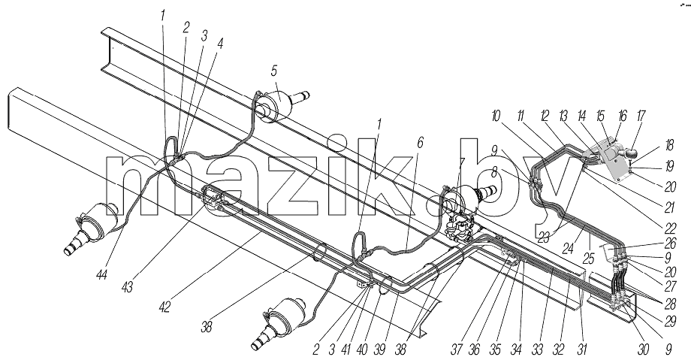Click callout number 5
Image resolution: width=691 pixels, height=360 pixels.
tap(274, 71)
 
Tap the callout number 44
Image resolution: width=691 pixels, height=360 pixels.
tap(103, 275)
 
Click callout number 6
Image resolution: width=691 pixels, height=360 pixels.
tap(420, 142)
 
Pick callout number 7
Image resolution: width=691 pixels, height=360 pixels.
tap(461, 163)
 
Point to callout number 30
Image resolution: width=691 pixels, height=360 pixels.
tap(643, 349)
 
